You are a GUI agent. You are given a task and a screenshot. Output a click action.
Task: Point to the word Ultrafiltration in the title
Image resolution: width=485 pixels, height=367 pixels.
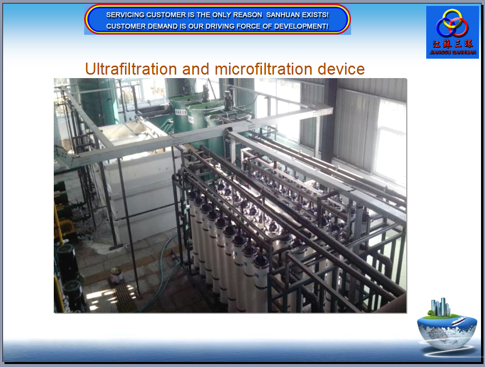131,69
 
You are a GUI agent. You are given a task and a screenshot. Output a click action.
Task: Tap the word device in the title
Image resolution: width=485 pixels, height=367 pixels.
341,69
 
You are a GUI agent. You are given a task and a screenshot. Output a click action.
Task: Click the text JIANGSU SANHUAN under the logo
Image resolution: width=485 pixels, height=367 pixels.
453,52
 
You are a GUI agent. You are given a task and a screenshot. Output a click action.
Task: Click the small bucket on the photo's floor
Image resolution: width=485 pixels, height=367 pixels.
117,275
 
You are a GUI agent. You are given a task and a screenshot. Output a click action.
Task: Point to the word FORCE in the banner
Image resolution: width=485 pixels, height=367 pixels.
248,26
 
